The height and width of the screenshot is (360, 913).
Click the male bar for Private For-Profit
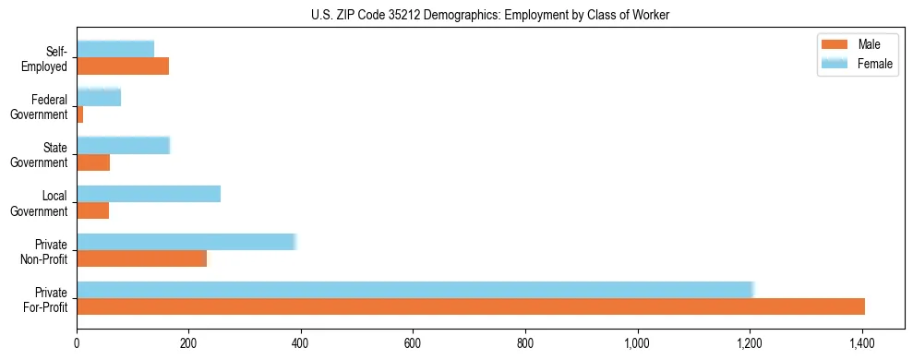[471, 306]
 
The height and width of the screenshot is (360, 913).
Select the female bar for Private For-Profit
[415, 290]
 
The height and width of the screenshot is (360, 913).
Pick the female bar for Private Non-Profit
[186, 242]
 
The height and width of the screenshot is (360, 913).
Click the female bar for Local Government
[149, 194]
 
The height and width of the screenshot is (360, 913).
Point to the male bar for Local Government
[93, 210]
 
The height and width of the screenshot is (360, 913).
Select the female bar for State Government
[124, 146]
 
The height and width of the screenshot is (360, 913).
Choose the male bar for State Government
[93, 162]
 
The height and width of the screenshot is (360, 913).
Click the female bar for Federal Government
[99, 97]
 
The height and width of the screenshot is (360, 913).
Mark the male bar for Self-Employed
[123, 66]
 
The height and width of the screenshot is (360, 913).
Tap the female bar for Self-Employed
[115, 49]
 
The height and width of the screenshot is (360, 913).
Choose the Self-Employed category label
[51, 58]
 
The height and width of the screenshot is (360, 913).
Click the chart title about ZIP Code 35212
[490, 14]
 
